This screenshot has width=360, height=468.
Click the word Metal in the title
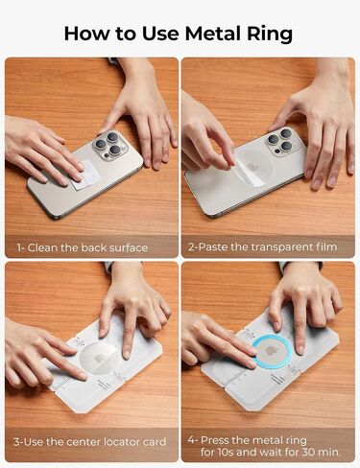(212, 34)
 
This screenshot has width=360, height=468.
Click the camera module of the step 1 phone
(110, 145)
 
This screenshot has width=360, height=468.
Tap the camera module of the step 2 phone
(281, 141)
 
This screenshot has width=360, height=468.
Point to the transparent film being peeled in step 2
(252, 167)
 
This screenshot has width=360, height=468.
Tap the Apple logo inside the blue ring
(271, 350)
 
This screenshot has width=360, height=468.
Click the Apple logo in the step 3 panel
(99, 358)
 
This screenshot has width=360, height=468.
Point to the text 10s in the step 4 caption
(227, 453)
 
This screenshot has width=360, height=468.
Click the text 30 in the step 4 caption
(306, 453)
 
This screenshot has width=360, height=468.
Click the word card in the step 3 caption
(154, 442)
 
